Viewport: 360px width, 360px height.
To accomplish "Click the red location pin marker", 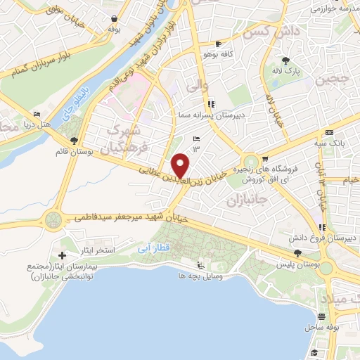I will click(x=181, y=165).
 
